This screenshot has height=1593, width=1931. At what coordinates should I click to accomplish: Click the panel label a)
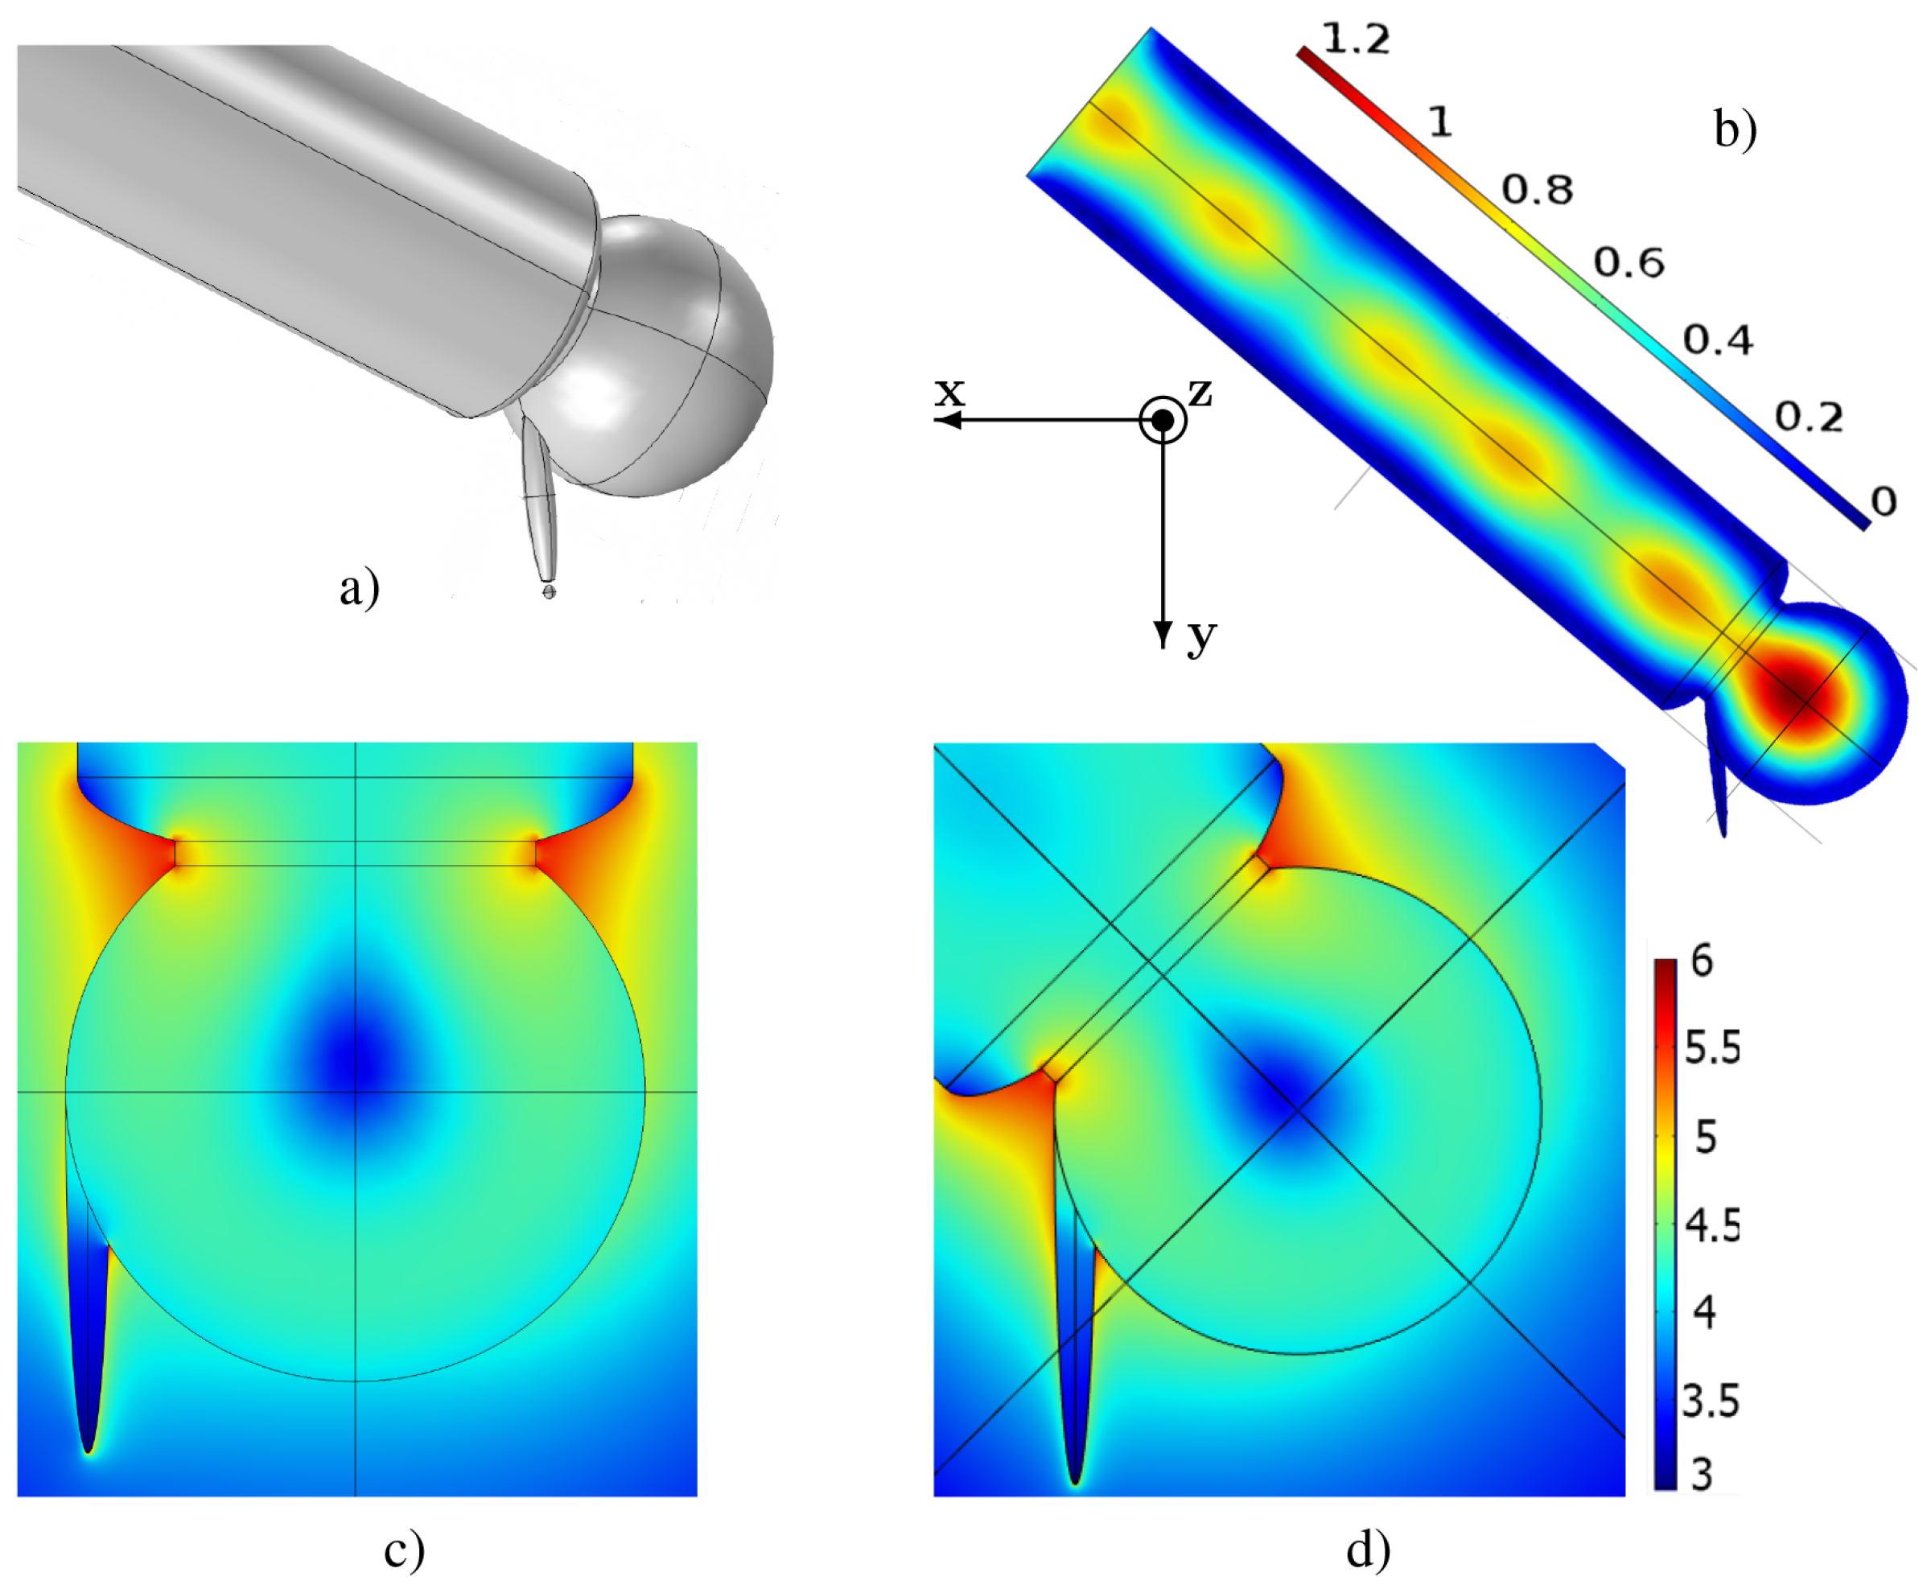(x=359, y=588)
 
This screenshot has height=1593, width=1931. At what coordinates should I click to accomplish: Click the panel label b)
(x=1735, y=129)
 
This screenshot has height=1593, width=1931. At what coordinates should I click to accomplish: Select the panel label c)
(x=404, y=1550)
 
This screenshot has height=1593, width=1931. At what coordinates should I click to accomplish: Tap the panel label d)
(x=1369, y=1549)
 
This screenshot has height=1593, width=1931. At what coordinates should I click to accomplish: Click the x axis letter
(x=950, y=392)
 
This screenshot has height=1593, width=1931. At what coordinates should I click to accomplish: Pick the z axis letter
(x=1200, y=393)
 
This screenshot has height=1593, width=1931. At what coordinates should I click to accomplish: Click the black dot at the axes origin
(x=1163, y=419)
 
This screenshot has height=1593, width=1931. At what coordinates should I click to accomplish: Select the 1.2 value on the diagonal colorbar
(x=1356, y=39)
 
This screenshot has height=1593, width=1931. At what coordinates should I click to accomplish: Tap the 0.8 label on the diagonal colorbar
(x=1538, y=190)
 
